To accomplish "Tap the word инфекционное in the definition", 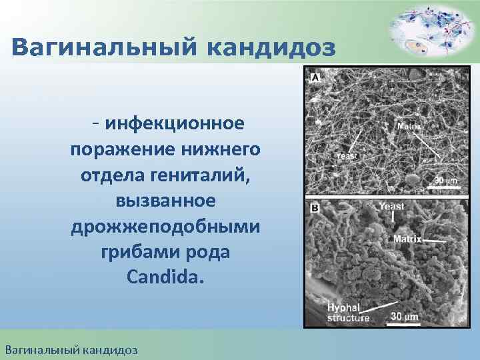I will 174,124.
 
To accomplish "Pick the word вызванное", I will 165,201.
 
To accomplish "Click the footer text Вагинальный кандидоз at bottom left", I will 71,349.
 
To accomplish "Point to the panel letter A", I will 314,78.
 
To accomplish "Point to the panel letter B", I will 314,208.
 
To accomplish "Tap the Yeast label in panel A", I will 347,155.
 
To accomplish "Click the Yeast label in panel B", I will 391,207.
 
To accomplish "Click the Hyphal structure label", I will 348,313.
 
